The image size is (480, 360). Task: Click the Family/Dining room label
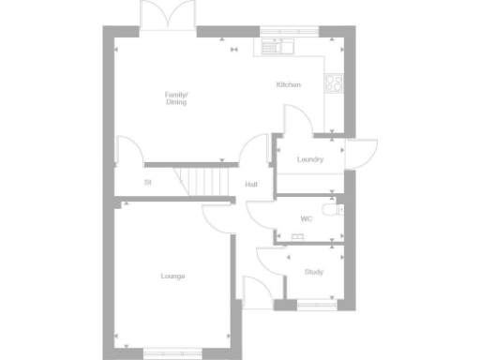(x=175, y=97)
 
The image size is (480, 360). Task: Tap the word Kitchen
(x=288, y=85)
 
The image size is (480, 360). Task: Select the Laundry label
(x=309, y=159)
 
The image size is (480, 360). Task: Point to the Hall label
(x=251, y=184)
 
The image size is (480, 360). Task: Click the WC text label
(x=306, y=218)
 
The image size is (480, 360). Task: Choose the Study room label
(x=313, y=272)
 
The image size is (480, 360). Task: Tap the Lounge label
(x=172, y=276)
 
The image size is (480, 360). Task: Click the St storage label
(x=148, y=182)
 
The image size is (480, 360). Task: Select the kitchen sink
(x=279, y=44)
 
